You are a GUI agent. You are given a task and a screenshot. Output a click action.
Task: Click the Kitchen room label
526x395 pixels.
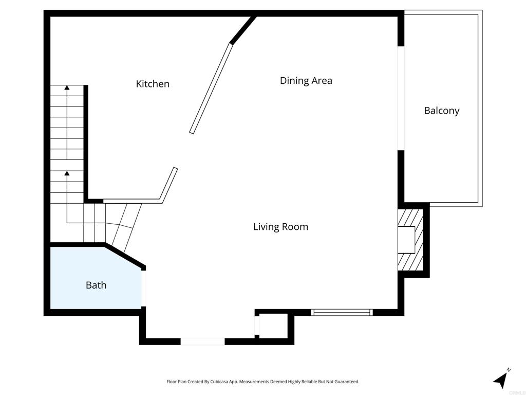pyautogui.click(x=153, y=84)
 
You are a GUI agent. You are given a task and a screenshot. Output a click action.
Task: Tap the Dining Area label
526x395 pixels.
pyautogui.click(x=306, y=81)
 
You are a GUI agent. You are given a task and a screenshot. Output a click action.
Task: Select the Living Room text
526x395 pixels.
pyautogui.click(x=280, y=227)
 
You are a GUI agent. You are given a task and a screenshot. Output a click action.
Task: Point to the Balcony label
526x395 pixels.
pyautogui.click(x=441, y=111)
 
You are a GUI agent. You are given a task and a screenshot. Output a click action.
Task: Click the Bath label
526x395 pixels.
pyautogui.click(x=96, y=285)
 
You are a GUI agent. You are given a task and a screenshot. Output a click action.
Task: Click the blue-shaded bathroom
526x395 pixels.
pyautogui.click(x=96, y=278)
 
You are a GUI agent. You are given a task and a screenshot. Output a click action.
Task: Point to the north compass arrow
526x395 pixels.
pyautogui.click(x=500, y=380)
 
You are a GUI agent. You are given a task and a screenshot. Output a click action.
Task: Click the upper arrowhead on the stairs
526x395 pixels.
pyautogui.click(x=67, y=87)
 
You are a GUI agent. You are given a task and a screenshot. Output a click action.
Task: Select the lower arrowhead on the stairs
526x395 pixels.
pyautogui.click(x=67, y=173)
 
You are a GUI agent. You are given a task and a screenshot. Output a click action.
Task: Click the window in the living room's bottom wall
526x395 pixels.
pyautogui.click(x=342, y=312)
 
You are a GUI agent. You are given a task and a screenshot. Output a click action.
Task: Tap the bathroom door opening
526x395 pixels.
pyautogui.click(x=143, y=288)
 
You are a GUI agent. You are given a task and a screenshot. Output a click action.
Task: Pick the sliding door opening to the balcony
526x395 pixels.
pyautogui.click(x=401, y=98)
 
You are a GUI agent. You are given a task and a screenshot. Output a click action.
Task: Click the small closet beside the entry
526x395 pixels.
pyautogui.click(x=273, y=325)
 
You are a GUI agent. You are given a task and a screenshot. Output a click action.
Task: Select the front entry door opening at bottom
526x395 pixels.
pyautogui.click(x=202, y=342)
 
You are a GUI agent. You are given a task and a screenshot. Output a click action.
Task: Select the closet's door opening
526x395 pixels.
pyautogui.click(x=257, y=326)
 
